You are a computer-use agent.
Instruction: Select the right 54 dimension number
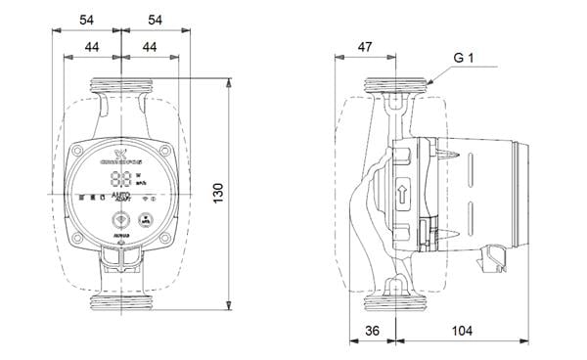click(x=155, y=20)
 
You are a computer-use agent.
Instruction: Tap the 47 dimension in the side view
click(x=366, y=47)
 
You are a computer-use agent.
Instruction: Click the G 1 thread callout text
click(x=466, y=59)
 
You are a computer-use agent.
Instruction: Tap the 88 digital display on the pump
click(x=122, y=180)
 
